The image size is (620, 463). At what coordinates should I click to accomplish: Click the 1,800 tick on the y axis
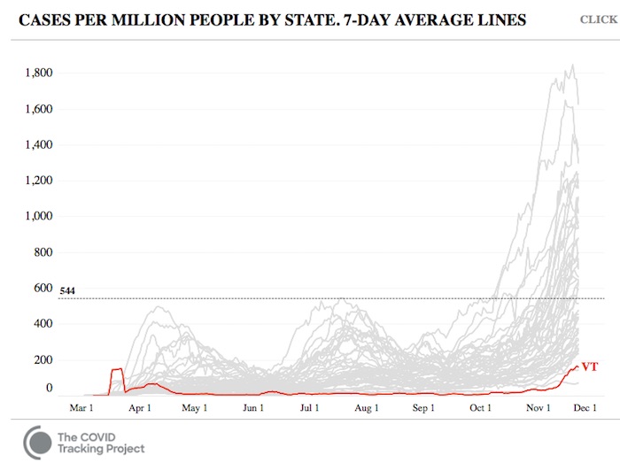point(38,73)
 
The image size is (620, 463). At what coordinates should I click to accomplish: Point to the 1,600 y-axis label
point(38,109)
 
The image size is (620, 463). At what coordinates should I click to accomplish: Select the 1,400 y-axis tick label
point(38,144)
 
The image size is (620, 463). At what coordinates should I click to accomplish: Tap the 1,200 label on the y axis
point(38,181)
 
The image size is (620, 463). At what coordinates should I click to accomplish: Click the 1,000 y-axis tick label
point(38,216)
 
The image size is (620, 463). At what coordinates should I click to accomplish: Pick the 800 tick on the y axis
point(43,252)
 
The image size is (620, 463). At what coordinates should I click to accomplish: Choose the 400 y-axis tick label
point(43,324)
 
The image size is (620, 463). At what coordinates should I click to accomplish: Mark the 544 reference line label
point(67,290)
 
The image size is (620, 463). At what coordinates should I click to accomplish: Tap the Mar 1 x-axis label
point(82,408)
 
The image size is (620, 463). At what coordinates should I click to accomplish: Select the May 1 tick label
point(194,408)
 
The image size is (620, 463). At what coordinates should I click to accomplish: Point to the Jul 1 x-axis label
point(309,408)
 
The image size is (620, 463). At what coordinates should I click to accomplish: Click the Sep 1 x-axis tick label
point(423,408)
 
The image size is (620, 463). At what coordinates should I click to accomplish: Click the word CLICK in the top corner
point(599,19)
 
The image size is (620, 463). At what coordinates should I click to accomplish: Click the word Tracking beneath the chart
point(86,449)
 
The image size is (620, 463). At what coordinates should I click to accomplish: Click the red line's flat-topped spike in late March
point(116,369)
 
